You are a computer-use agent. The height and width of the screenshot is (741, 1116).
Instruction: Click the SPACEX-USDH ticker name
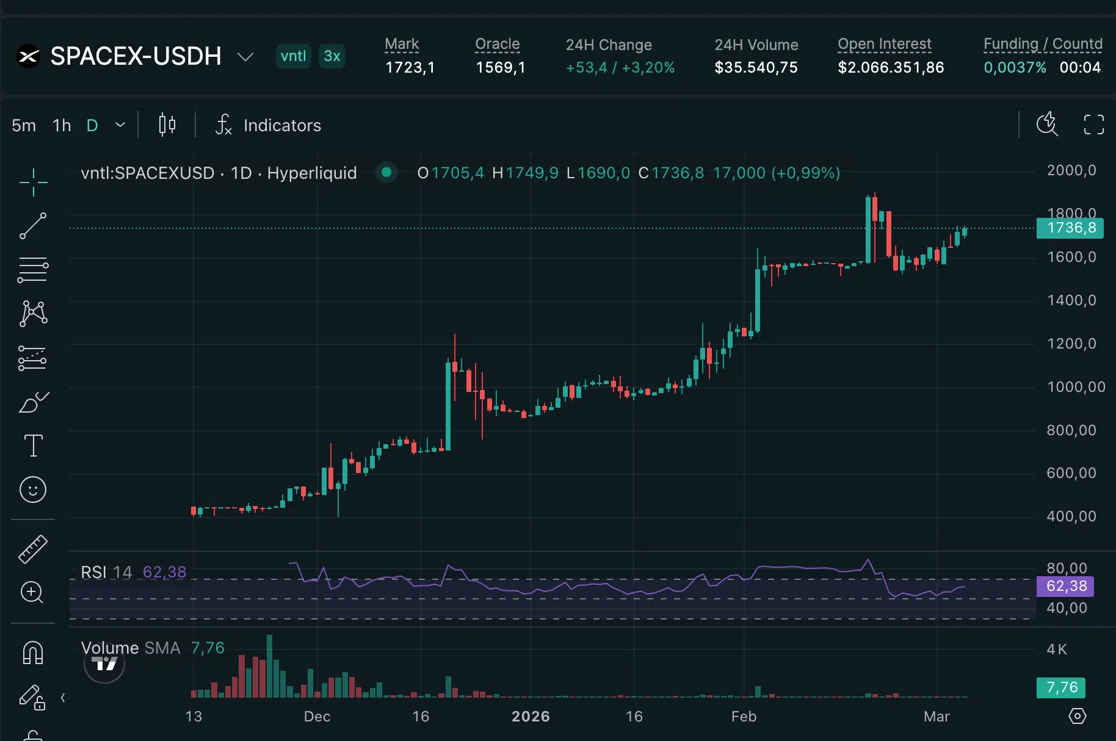click(136, 56)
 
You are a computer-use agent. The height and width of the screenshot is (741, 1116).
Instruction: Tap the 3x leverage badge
click(332, 56)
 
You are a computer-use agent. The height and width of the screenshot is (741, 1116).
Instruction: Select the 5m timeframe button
click(24, 125)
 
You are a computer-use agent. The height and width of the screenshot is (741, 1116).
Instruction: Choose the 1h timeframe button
click(62, 125)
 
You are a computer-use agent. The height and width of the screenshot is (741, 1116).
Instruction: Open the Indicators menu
click(269, 125)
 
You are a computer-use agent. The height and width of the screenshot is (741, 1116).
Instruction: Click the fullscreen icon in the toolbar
click(1093, 125)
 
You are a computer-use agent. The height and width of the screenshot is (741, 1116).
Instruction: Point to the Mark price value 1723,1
click(410, 67)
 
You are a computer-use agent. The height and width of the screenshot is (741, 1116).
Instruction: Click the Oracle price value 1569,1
click(501, 67)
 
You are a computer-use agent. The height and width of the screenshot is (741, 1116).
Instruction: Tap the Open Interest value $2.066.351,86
click(891, 67)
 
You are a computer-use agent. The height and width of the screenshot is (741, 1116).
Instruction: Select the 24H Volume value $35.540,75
click(756, 67)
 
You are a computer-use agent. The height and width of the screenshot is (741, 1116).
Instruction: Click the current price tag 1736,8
click(1071, 228)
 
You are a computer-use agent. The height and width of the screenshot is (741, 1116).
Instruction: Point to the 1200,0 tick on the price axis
click(1071, 344)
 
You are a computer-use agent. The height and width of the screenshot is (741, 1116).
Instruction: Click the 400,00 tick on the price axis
click(1071, 516)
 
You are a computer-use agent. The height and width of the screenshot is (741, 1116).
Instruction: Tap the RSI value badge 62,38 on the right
click(1066, 586)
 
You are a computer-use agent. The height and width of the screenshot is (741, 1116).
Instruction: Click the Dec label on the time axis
click(317, 716)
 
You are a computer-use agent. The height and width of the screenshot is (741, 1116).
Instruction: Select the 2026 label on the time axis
click(531, 716)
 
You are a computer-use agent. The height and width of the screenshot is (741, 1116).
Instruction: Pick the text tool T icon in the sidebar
click(33, 446)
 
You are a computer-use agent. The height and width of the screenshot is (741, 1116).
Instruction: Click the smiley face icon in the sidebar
click(33, 490)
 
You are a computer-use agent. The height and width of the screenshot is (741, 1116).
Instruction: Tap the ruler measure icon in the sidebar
click(33, 549)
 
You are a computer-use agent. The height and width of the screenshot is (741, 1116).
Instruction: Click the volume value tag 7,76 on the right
click(1062, 687)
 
